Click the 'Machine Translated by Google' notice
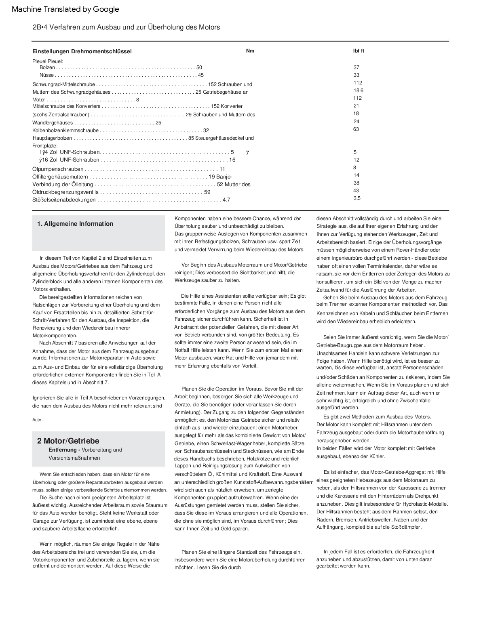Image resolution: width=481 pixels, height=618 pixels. point(65,9)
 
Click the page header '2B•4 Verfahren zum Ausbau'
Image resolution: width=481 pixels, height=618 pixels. point(126,27)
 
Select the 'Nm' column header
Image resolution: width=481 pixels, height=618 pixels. point(250,51)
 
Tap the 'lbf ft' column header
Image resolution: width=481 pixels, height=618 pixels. point(359,51)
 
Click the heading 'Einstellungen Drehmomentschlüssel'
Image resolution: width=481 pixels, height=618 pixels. point(82,51)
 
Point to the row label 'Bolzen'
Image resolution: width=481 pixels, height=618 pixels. point(47,67)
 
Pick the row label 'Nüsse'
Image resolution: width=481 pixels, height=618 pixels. point(46,75)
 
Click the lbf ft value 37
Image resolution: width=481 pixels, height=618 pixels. point(356,67)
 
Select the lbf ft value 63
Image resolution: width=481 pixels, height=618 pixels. point(356,129)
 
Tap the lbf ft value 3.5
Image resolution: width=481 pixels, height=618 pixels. point(357,198)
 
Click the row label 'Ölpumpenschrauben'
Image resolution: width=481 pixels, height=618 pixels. point(58,169)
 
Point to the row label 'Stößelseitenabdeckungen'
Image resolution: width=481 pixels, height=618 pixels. point(64,200)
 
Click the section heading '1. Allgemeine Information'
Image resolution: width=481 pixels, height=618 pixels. point(75,224)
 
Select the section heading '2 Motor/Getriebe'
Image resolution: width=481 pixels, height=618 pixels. point(68,441)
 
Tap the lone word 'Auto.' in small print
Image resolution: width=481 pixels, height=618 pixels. point(38,420)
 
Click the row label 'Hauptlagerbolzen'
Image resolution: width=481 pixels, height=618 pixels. point(52,138)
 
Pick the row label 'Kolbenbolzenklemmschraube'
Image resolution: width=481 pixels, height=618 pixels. point(65,130)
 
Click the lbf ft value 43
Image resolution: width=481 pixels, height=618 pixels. point(356,191)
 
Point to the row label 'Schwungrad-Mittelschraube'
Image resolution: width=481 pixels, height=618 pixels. point(64,84)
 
